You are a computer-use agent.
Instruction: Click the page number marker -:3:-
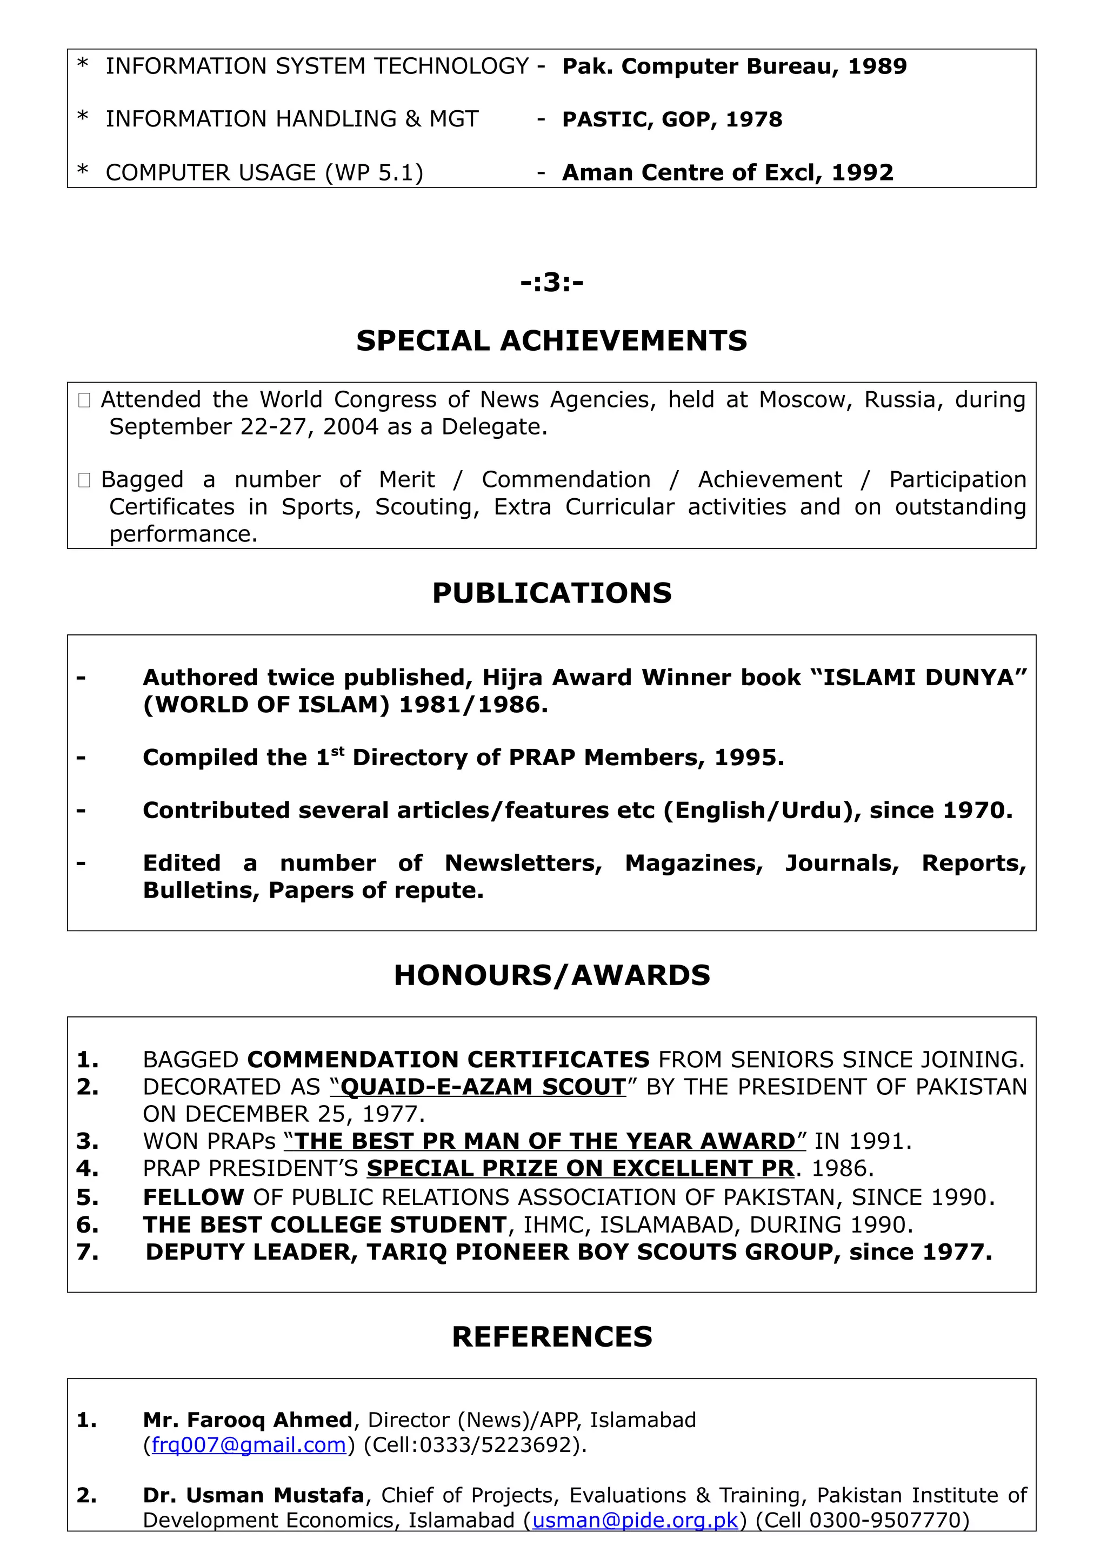(552, 282)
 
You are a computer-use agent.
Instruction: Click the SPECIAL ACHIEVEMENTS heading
(552, 340)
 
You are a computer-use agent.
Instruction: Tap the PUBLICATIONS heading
(552, 593)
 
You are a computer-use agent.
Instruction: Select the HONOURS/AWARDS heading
(552, 975)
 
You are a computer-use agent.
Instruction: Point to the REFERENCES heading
(552, 1336)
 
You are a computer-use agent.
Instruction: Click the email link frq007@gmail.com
(249, 1444)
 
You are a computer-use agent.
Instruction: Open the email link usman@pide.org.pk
(635, 1520)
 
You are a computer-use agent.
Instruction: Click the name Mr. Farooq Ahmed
(248, 1420)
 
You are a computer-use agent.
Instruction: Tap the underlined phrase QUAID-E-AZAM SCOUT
(482, 1087)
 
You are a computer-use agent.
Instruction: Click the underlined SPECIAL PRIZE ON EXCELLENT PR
(581, 1168)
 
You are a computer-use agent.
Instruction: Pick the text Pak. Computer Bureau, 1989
(734, 66)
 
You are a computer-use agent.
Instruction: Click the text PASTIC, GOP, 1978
(672, 119)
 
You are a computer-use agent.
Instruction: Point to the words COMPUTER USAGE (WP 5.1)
(265, 172)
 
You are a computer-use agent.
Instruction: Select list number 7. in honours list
(88, 1252)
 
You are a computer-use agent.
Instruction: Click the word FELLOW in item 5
(193, 1197)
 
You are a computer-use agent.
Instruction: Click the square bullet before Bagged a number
(84, 480)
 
